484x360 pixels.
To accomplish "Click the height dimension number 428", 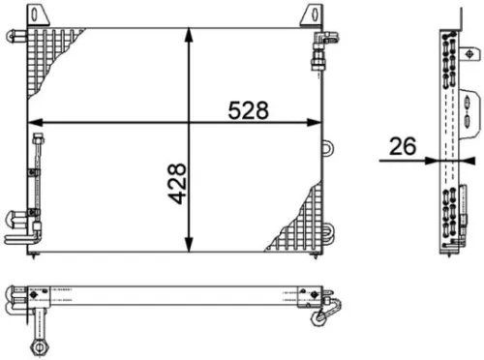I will [176, 183].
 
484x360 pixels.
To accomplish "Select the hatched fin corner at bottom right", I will [302, 218].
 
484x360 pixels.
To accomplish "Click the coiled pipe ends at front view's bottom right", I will [326, 233].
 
